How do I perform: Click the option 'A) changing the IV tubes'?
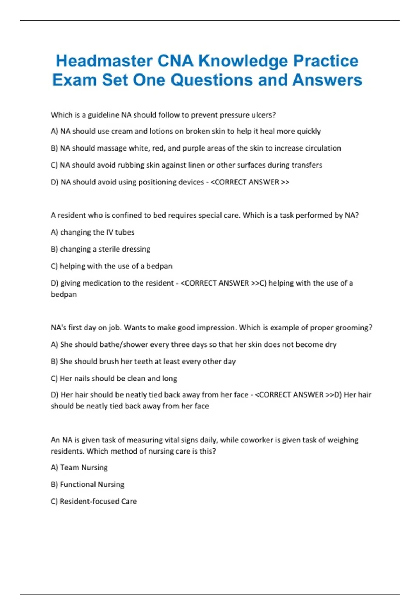click(92, 232)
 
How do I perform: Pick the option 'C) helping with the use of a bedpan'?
click(111, 266)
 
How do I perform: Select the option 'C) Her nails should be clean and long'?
click(114, 378)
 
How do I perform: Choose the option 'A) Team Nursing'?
click(79, 468)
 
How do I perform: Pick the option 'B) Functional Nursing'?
click(87, 484)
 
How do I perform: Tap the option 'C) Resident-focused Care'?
click(94, 501)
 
